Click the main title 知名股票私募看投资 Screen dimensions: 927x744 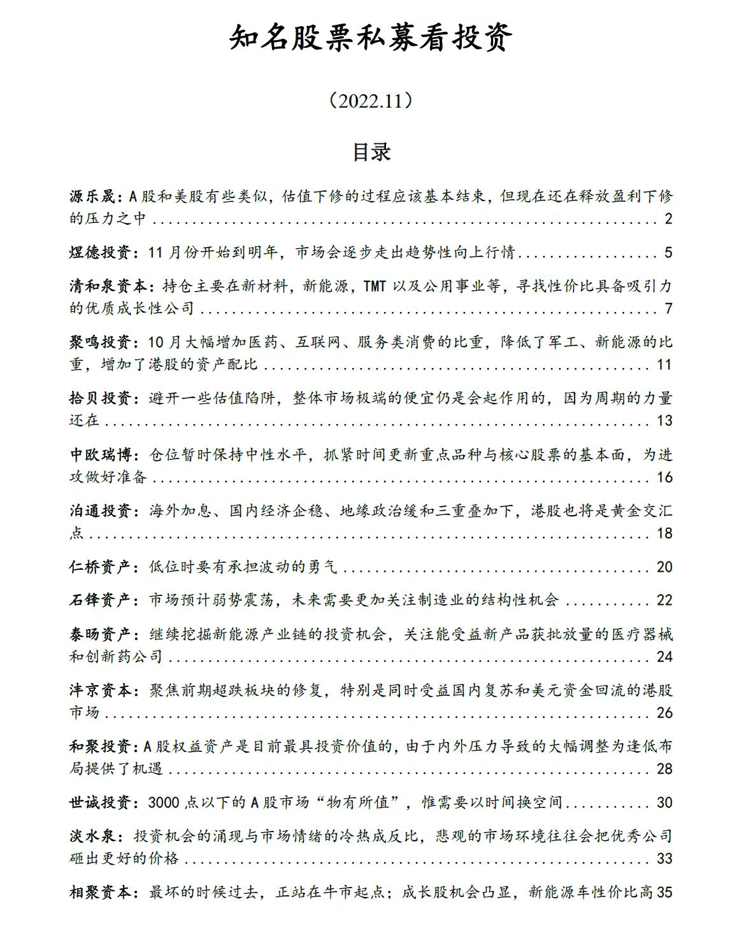pyautogui.click(x=371, y=39)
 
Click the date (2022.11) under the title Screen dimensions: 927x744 pyautogui.click(x=371, y=101)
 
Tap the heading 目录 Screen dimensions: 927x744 pyautogui.click(x=371, y=153)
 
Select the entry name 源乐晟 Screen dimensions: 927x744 pyautogui.click(x=92, y=196)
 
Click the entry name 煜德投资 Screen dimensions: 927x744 pyautogui.click(x=100, y=253)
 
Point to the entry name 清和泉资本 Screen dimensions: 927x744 pyautogui.click(x=108, y=286)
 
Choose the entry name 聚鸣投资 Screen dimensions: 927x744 pyautogui.click(x=100, y=343)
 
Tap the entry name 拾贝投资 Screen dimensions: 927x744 pyautogui.click(x=100, y=399)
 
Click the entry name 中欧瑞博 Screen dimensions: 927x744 pyautogui.click(x=100, y=455)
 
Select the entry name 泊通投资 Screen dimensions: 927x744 pyautogui.click(x=100, y=511)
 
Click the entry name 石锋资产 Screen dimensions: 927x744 pyautogui.click(x=100, y=600)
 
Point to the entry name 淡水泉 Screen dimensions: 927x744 pyautogui.click(x=92, y=836)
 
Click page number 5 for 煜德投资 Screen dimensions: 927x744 pyautogui.click(x=668, y=253)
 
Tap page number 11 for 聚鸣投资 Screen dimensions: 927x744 pyautogui.click(x=664, y=365)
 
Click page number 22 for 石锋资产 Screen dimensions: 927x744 pyautogui.click(x=664, y=600)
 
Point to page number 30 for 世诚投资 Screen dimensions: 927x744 pyautogui.click(x=664, y=803)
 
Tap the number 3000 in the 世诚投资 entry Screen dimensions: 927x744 pyautogui.click(x=164, y=803)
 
